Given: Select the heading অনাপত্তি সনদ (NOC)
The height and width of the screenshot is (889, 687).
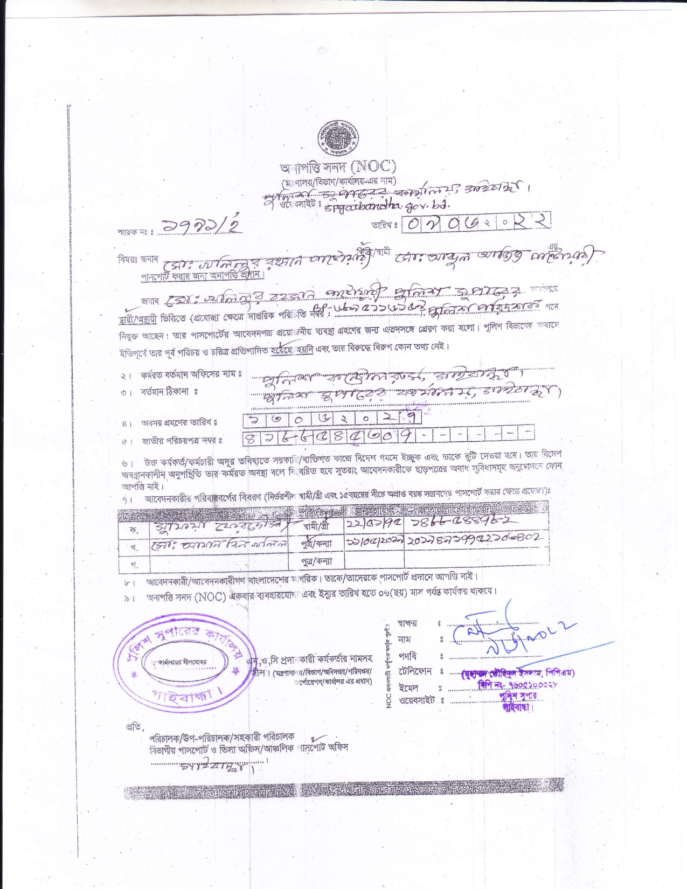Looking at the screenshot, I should [337, 167].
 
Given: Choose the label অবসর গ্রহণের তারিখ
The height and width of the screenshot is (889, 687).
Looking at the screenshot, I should [179, 422].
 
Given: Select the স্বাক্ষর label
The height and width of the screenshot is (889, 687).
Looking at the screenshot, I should [407, 623].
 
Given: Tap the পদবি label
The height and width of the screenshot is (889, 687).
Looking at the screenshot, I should [407, 656].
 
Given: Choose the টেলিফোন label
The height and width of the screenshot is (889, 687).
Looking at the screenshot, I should [415, 672].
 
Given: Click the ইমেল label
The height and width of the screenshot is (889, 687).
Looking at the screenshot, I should [408, 687].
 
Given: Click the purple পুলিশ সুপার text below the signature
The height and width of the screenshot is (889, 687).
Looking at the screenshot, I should [518, 696].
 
